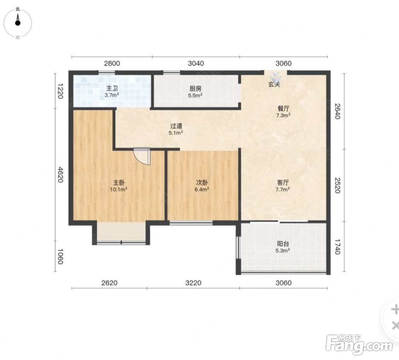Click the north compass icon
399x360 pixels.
pos(18,23)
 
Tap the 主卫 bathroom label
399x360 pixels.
pos(112,89)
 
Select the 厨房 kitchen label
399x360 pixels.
pos(195,89)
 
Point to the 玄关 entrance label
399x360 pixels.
pos(274,84)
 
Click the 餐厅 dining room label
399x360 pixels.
pos(283,108)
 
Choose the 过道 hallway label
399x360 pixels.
pos(176,126)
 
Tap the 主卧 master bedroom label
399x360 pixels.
pos(119,182)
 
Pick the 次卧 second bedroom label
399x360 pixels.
pos(202,182)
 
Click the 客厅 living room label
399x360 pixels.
pos(283,182)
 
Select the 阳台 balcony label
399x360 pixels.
pos(283,244)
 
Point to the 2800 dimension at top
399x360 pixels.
pos(112,63)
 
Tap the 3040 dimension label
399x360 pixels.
pos(196,63)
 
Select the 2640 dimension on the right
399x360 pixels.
pos(337,111)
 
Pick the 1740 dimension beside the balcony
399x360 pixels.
pos(337,247)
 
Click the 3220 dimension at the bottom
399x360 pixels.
pos(193,283)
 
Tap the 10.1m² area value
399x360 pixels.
pos(119,189)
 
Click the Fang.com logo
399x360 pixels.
pos(359,344)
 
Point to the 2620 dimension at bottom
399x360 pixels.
pos(109,283)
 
